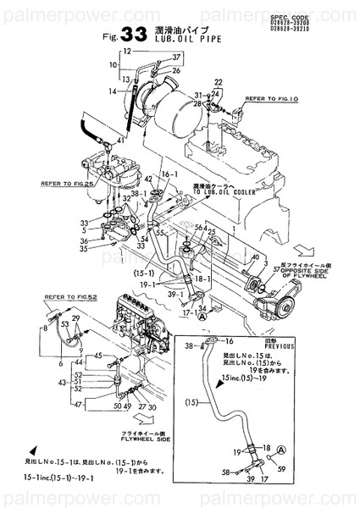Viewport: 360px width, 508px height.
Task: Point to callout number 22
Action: coord(218,82)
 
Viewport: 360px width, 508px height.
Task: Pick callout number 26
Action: coord(176,72)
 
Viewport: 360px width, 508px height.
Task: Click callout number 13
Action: coord(125,80)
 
